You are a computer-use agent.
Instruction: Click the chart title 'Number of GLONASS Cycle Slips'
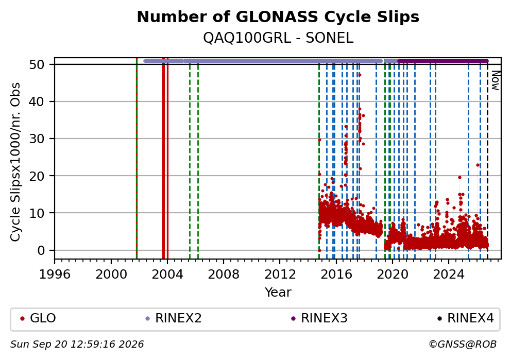(278, 17)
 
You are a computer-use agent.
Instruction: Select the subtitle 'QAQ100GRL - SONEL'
(278, 38)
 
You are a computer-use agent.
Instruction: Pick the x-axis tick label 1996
(55, 275)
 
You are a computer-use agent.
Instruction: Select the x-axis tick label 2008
(224, 275)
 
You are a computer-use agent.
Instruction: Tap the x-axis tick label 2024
(449, 275)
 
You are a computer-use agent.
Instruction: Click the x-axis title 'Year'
(278, 292)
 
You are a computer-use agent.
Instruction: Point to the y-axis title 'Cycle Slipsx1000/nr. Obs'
(15, 162)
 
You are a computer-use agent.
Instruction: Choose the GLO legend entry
(38, 318)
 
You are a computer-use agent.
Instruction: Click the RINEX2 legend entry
(174, 318)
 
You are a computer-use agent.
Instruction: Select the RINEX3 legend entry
(319, 318)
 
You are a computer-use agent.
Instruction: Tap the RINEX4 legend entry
(466, 318)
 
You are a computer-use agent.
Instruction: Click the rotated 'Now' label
(496, 80)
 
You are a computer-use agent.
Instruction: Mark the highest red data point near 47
(360, 75)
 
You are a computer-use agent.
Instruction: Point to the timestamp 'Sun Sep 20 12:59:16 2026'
(77, 345)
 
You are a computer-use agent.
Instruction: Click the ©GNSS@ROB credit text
(463, 345)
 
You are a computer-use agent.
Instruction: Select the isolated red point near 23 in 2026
(478, 165)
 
